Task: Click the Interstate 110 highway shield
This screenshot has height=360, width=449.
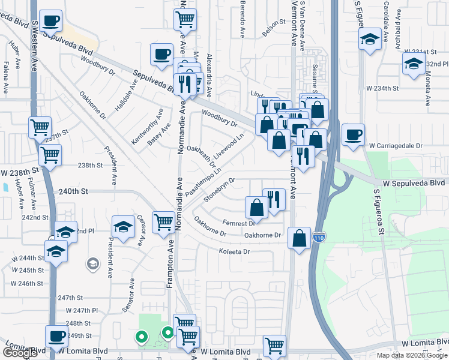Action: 319,238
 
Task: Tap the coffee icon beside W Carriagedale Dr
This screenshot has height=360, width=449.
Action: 354,134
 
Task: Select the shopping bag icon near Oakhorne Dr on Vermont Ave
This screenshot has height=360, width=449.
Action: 299,238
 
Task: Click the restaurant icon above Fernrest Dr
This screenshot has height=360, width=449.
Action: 274,199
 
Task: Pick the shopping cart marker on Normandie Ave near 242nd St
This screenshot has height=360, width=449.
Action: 163,222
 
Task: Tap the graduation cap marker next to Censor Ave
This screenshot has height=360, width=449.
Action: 123,226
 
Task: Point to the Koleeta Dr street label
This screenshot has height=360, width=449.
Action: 234,251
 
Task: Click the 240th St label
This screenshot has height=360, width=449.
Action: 73,191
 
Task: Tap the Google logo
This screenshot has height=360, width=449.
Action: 20,353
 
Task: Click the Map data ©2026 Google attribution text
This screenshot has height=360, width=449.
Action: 411,355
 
